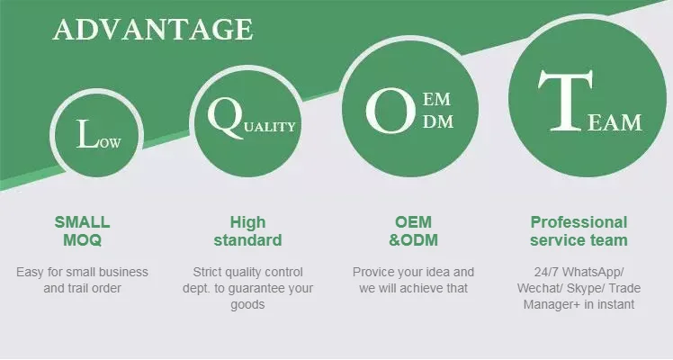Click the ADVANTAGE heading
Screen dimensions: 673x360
[x=153, y=30]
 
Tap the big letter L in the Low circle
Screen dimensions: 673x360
[x=87, y=134]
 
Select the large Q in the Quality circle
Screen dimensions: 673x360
[x=226, y=117]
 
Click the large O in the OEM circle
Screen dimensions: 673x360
[x=390, y=111]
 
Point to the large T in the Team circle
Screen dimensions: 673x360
[x=565, y=101]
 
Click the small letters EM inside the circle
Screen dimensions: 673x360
[x=436, y=100]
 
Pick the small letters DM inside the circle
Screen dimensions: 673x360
[x=438, y=121]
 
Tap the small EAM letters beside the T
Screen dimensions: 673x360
[x=615, y=122]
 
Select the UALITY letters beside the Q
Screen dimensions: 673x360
[x=270, y=127]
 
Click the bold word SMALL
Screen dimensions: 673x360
[x=82, y=222]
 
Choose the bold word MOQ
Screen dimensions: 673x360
[x=83, y=240]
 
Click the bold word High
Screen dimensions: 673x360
[x=247, y=222]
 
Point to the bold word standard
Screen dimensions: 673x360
[x=247, y=240]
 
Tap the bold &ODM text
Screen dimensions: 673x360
[x=413, y=240]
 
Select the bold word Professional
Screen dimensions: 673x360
[x=579, y=222]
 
